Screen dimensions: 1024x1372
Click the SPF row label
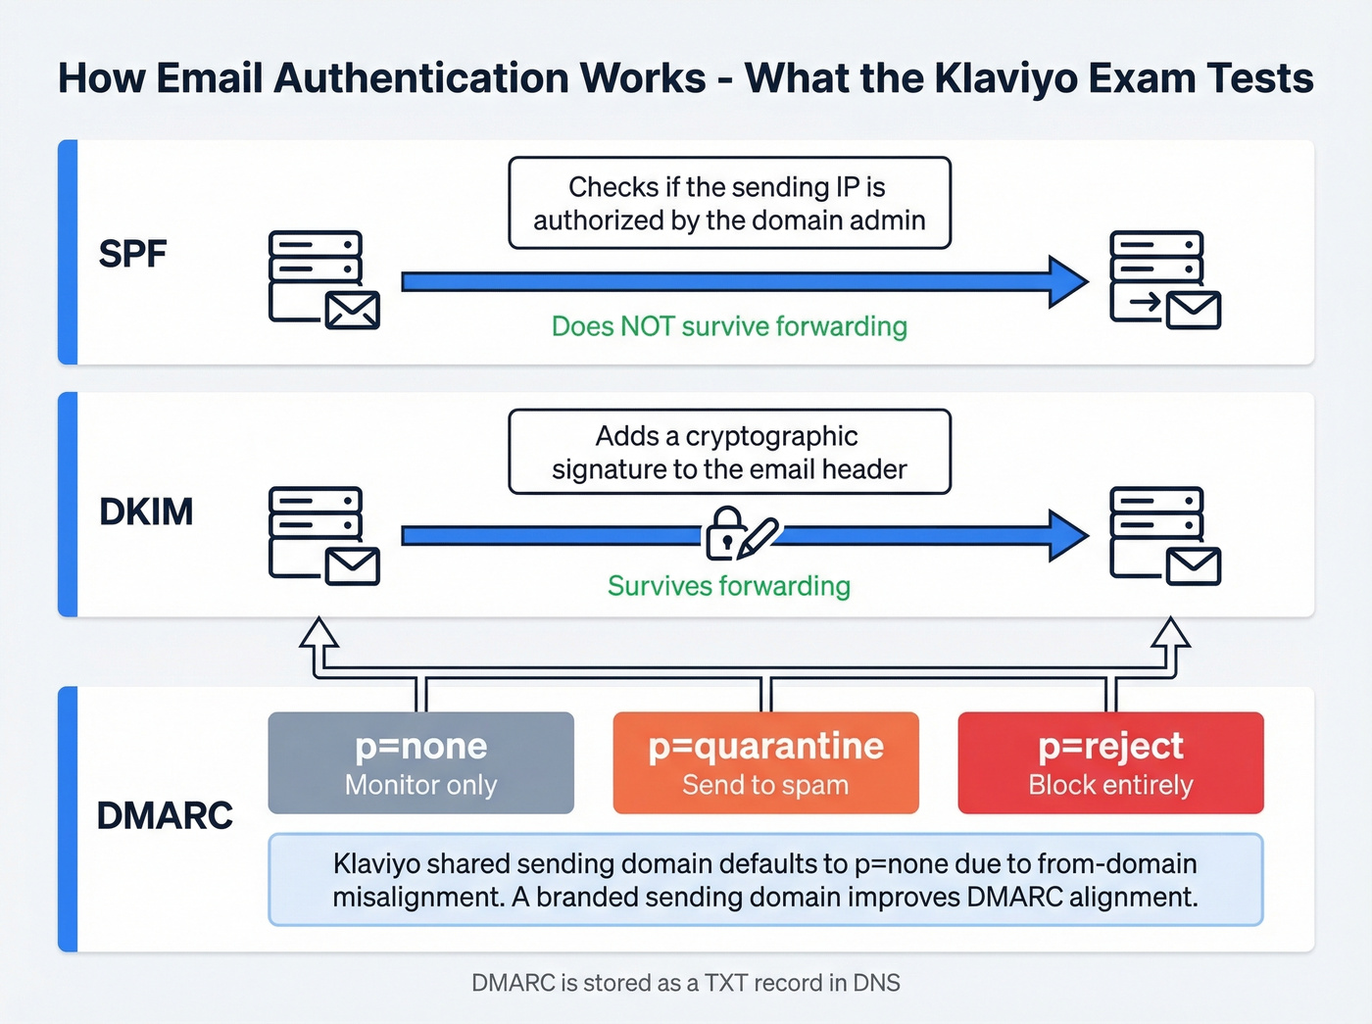tap(132, 254)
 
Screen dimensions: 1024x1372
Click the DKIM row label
tap(146, 512)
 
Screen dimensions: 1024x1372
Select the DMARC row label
tap(165, 815)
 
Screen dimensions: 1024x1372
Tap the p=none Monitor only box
tap(420, 762)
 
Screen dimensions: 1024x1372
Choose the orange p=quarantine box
tap(765, 762)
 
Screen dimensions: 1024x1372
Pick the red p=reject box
tap(1110, 762)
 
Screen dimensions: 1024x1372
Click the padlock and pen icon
tap(741, 534)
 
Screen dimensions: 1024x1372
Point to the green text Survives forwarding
tap(728, 586)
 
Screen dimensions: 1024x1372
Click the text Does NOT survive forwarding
tap(729, 326)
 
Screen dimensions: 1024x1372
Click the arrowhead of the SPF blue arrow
tap(1068, 281)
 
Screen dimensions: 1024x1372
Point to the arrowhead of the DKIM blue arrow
tap(1068, 535)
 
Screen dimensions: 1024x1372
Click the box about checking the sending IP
tap(729, 203)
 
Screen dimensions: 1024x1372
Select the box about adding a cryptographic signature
tap(729, 452)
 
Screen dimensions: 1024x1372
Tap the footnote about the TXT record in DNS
tap(685, 983)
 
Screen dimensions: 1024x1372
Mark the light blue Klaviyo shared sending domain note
tap(765, 880)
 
